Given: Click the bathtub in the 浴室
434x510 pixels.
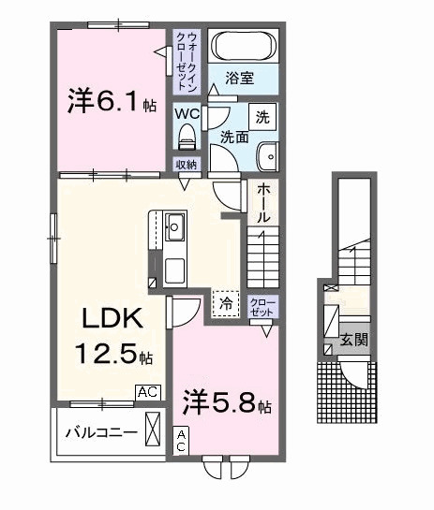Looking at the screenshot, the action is coord(244,46).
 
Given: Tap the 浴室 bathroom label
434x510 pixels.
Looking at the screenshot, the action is coord(239,79).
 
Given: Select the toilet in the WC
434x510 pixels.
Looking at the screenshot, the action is coord(187,137).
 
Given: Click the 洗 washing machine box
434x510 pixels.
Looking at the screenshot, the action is coord(262,117).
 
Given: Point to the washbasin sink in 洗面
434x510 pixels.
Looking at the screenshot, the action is coord(268,157).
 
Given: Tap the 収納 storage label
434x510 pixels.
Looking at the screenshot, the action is coord(187,165).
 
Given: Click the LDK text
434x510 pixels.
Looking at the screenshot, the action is coord(112,318).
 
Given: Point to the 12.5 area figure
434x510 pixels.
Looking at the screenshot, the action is coord(106,354).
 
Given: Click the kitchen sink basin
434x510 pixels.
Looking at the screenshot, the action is coord(174,226).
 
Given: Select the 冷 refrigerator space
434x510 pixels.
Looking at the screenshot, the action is coord(226,304).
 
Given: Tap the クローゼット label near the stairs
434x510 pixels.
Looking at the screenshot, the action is coord(262,307).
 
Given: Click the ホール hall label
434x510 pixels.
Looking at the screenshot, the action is coord(263,203).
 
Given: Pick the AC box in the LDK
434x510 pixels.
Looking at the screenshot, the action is coord(148,392).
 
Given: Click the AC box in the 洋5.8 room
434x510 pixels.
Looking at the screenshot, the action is coord(181,440).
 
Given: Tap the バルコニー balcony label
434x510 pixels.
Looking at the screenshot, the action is coord(101,433).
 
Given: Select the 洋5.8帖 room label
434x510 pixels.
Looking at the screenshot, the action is coord(227,403).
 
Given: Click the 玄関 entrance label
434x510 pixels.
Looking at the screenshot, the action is coord(354,341).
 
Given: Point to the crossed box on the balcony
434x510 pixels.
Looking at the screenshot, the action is coord(153,429).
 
